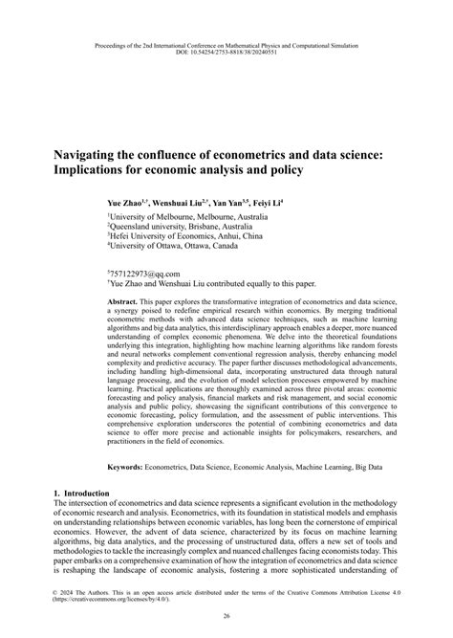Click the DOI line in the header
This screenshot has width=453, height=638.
226,52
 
